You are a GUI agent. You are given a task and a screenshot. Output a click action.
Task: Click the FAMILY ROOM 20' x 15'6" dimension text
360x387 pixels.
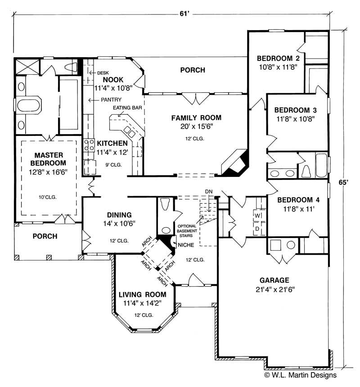pyautogui.click(x=196, y=127)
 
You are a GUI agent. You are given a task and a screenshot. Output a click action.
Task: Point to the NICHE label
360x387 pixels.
pyautogui.click(x=186, y=245)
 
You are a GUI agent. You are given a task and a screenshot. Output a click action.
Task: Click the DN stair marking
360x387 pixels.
pyautogui.click(x=208, y=192)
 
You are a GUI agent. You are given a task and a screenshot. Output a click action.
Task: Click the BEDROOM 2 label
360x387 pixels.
pyautogui.click(x=278, y=58)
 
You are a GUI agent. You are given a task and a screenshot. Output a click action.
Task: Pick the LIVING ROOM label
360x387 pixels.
pyautogui.click(x=142, y=295)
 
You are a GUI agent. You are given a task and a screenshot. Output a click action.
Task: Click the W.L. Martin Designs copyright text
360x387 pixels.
pyautogui.click(x=300, y=374)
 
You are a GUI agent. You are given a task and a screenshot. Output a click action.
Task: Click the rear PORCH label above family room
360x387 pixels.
pyautogui.click(x=193, y=70)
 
